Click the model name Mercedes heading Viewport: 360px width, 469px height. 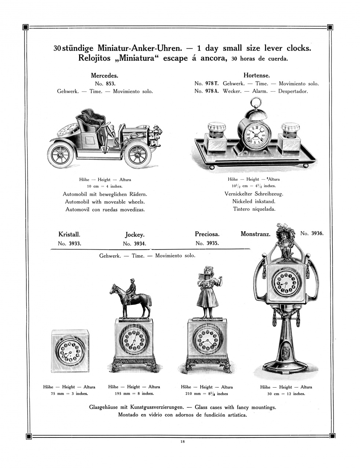104,76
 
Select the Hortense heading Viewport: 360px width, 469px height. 256,76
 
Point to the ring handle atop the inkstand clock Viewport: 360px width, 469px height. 256,102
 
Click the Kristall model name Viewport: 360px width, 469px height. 69,234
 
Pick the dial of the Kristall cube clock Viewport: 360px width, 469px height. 70,351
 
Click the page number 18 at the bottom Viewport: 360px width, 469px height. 183,441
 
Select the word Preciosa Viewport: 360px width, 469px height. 207,234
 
